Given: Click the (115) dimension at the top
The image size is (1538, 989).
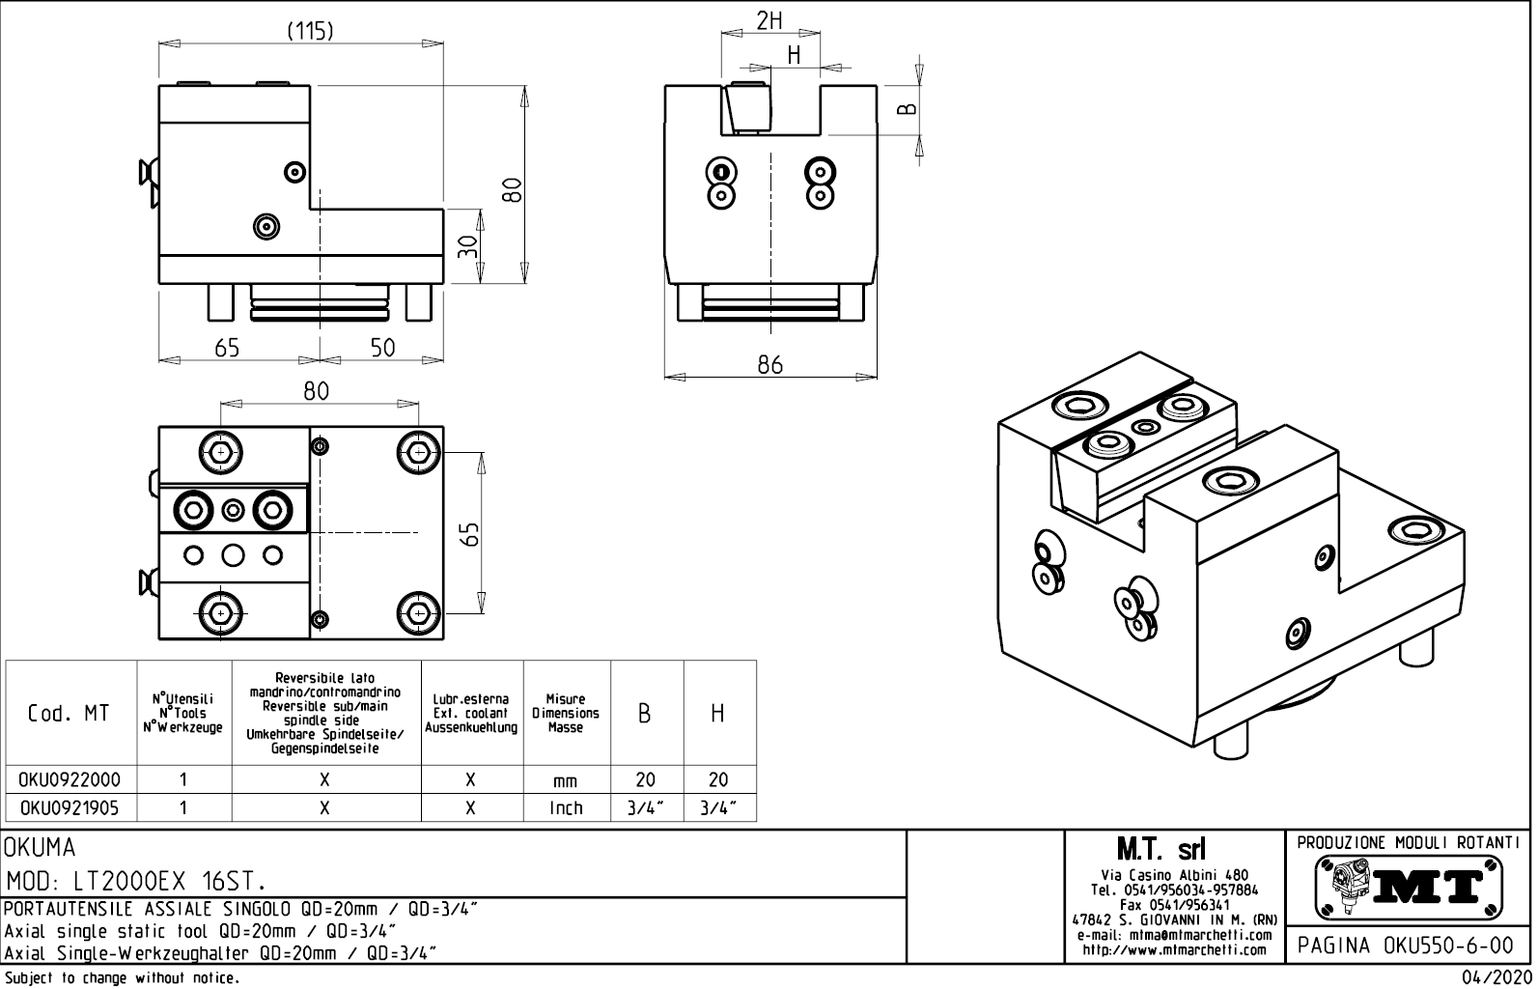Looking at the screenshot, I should [x=310, y=31].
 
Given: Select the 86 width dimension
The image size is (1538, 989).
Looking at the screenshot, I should [x=769, y=364].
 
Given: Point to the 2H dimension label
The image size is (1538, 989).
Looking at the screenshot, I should [x=769, y=21].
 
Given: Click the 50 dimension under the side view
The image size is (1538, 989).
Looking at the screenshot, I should [x=383, y=348].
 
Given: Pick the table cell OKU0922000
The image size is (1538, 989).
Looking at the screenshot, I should [x=70, y=779].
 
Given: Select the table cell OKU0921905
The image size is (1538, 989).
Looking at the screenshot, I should [x=70, y=807].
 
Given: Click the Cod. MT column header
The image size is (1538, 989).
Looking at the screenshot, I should [x=70, y=714].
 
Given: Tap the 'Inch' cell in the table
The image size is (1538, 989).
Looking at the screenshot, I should [x=566, y=807].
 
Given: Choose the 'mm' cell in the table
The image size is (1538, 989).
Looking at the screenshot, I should [x=566, y=780].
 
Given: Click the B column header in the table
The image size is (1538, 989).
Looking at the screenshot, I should [x=645, y=714].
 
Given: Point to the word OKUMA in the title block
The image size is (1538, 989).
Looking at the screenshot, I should [x=41, y=849].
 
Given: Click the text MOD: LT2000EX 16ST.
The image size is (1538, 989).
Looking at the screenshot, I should [x=136, y=882].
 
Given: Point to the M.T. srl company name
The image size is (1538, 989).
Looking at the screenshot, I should [x=1160, y=850].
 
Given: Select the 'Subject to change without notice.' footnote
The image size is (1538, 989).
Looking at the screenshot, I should [x=121, y=978].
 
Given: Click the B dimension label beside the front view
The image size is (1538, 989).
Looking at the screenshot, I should [x=907, y=108].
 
